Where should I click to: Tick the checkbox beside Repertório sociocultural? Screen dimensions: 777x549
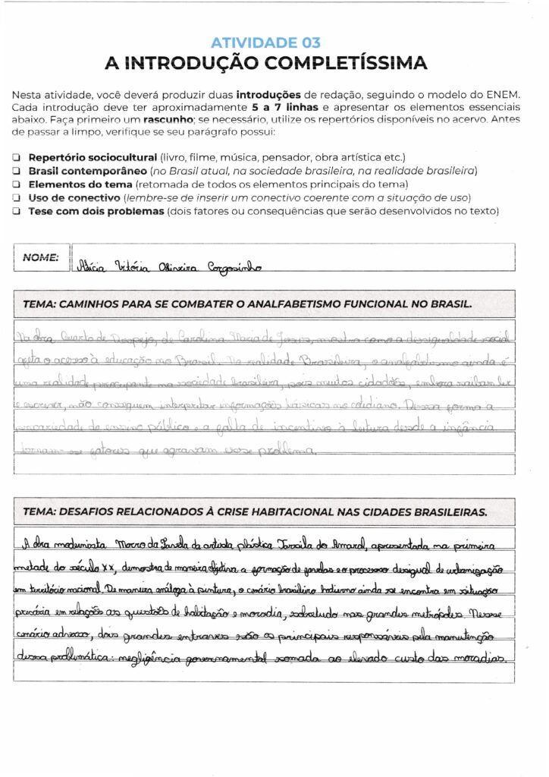17,156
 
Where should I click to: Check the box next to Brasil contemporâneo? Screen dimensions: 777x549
17,171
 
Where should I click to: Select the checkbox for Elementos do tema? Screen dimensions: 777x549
17,184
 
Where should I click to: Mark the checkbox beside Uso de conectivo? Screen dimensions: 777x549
17,198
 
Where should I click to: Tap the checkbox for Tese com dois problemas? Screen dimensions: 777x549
17,212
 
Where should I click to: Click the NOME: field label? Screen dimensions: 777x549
40,257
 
